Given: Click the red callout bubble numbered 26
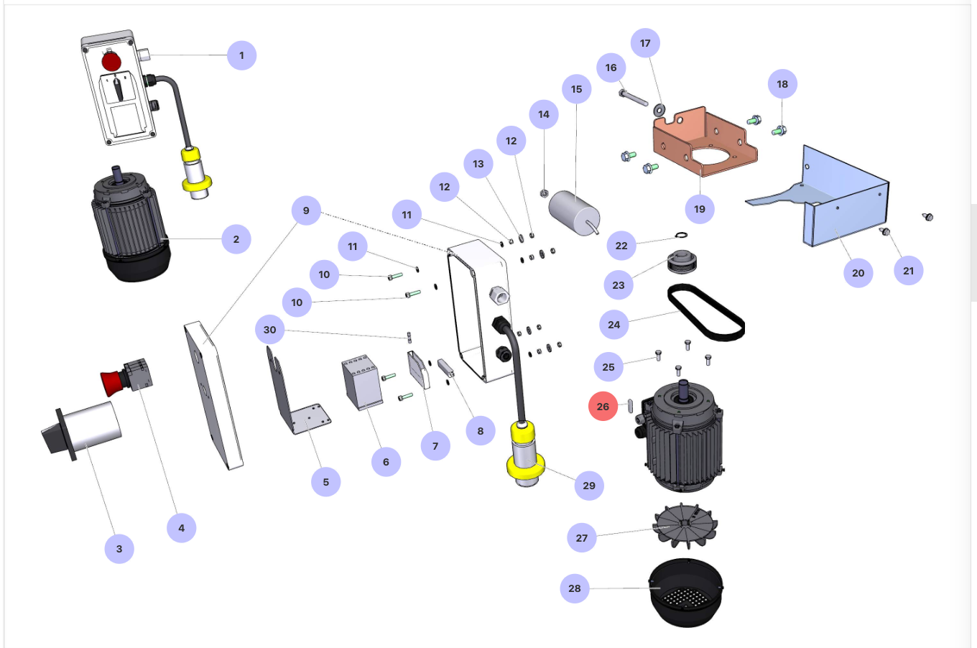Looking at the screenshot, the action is [603, 407].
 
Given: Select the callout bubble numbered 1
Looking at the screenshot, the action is [241, 55].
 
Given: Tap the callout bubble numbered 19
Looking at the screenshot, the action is [700, 209].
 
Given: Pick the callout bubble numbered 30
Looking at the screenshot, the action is [269, 330].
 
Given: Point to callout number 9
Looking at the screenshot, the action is [306, 210].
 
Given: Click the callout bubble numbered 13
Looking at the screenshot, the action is [478, 164].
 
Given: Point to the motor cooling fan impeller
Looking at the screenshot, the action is [685, 525].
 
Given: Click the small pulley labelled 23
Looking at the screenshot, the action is [682, 261].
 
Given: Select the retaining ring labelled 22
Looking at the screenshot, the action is [681, 236].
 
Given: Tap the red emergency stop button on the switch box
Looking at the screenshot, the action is [111, 61].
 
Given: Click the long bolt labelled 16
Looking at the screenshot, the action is [634, 98].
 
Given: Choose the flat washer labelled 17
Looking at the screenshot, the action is [659, 110].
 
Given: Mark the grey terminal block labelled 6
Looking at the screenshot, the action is [362, 383].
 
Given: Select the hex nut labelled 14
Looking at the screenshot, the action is [544, 193].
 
